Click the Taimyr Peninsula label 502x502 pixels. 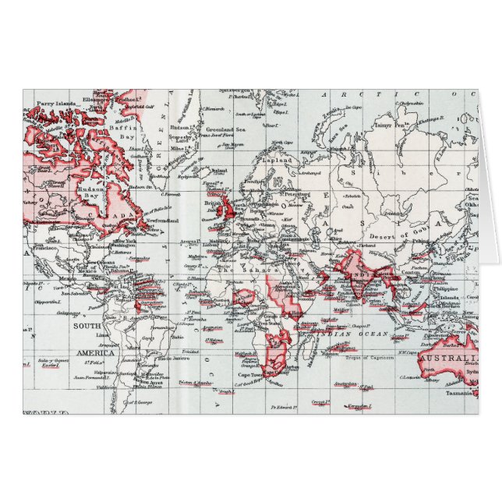pyautogui.click(x=391, y=123)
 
